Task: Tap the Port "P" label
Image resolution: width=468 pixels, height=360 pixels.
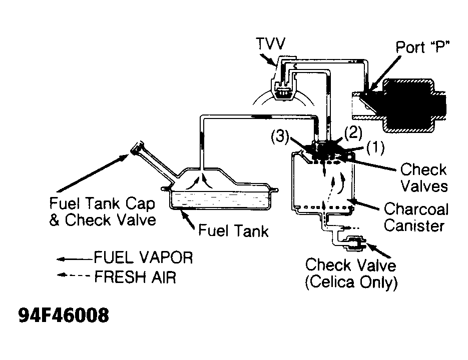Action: [423, 48]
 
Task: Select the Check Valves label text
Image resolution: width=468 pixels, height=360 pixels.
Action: [423, 177]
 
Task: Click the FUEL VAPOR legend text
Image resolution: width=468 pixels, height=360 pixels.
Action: [143, 258]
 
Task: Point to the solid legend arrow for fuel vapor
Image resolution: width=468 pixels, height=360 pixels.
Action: [73, 259]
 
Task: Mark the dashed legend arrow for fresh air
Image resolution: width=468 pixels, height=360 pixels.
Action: [73, 276]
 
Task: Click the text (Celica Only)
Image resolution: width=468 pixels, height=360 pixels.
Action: [351, 282]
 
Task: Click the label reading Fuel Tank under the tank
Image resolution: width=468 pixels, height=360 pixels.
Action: [233, 230]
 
